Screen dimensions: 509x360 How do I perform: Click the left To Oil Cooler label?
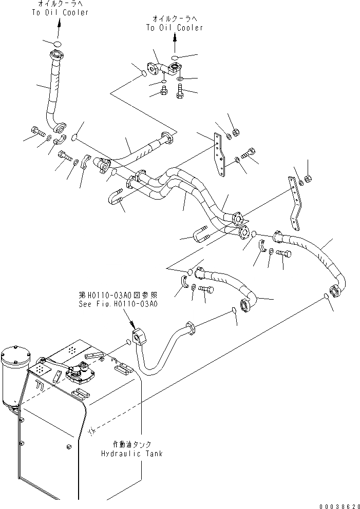(59, 12)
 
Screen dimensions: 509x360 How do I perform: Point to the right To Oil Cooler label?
(175, 28)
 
